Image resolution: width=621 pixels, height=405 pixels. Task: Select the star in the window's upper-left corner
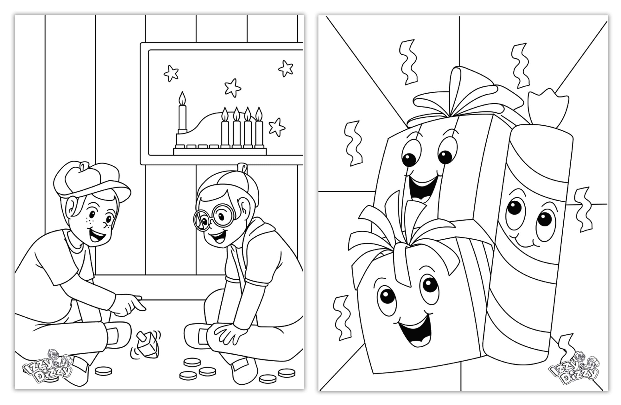click(x=171, y=73)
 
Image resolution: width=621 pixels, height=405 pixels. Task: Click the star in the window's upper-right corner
click(x=286, y=68)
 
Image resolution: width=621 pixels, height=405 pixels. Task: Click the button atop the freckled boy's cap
click(x=84, y=165)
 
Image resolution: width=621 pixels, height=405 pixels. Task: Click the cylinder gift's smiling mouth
click(x=524, y=241)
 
